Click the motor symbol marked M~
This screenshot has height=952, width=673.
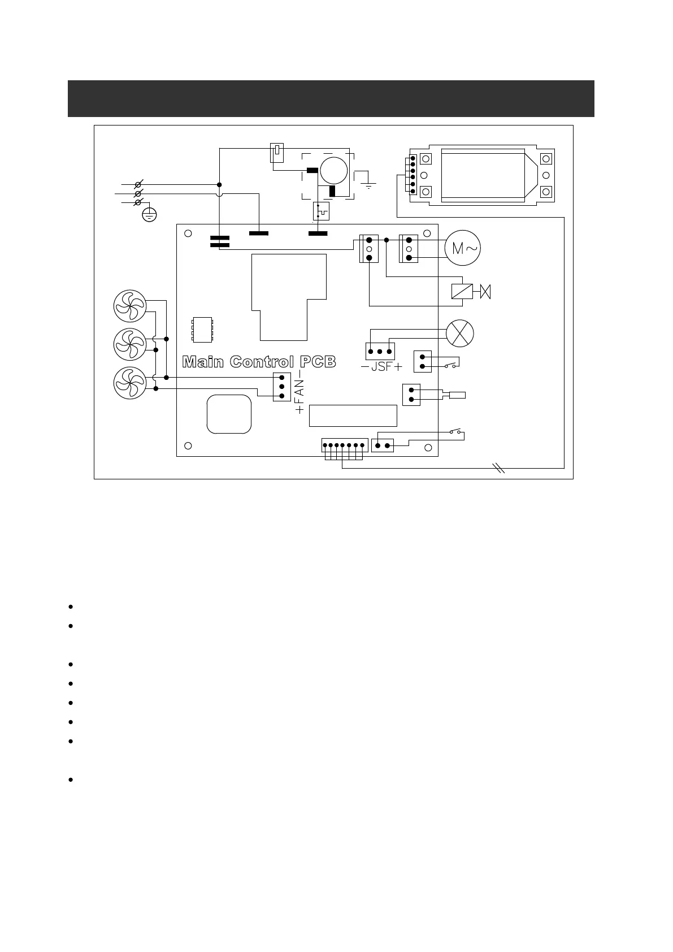pos(463,248)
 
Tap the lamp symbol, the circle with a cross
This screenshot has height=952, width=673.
pos(460,333)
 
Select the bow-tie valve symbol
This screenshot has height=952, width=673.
pos(485,292)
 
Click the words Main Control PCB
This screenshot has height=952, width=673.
pos(259,362)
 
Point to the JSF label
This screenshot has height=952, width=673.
pos(381,366)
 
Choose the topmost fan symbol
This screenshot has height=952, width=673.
pos(130,305)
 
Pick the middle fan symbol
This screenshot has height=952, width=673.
pos(130,344)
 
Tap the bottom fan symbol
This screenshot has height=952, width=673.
pos(130,382)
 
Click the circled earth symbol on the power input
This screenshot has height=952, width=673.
pos(149,214)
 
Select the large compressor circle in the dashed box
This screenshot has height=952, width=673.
pos(334,170)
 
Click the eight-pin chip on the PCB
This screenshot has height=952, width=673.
pos(202,330)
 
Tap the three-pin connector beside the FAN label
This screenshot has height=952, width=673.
pos(281,387)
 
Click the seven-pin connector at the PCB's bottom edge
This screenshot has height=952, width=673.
pos(345,445)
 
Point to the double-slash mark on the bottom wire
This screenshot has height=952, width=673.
pos(498,468)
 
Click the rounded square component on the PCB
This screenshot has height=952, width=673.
pos(229,414)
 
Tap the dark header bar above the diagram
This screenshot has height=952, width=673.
pos(331,98)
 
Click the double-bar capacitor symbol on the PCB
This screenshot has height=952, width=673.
pos(219,241)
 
